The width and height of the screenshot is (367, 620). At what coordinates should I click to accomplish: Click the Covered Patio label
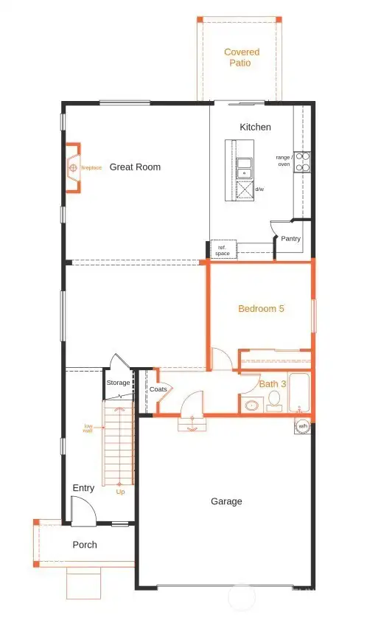[242, 58]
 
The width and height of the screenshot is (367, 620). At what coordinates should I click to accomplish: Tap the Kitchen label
[255, 128]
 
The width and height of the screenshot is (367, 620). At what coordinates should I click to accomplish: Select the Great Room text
[135, 167]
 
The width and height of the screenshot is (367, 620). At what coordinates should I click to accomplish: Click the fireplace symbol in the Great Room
[73, 168]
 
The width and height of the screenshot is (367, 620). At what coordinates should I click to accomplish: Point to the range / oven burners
[302, 162]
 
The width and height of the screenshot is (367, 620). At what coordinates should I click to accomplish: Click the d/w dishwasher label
[259, 189]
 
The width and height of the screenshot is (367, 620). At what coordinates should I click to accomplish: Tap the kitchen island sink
[243, 168]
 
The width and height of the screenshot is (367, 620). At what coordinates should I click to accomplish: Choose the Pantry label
[290, 239]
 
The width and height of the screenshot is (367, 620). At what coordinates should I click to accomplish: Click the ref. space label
[222, 251]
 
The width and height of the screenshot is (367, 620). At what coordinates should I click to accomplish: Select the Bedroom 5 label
[261, 309]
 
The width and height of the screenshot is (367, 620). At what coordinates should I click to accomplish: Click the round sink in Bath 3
[251, 405]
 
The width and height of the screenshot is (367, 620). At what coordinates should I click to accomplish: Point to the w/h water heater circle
[302, 425]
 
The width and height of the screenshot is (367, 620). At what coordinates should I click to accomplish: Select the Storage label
[118, 383]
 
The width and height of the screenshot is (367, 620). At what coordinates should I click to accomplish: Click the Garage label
[226, 501]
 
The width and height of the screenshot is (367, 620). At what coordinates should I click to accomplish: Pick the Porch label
[84, 546]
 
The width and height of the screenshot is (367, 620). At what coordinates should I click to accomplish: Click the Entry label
[83, 488]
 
